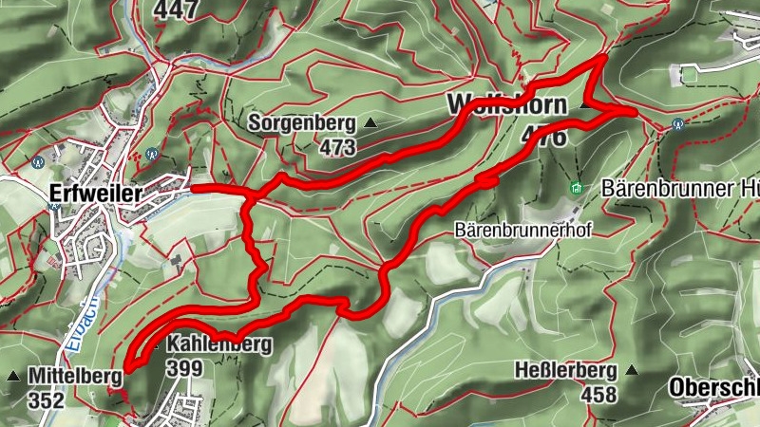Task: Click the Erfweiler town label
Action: click(x=94, y=194)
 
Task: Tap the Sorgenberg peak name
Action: click(x=302, y=122)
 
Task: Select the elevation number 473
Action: click(x=337, y=147)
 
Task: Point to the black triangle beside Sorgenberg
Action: click(x=370, y=123)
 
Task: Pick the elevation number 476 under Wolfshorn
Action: click(x=543, y=137)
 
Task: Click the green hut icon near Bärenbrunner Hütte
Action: click(x=576, y=189)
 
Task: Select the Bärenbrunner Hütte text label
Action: click(x=679, y=188)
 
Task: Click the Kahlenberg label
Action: click(x=219, y=343)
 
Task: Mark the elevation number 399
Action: click(x=182, y=367)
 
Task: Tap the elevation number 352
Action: click(x=46, y=400)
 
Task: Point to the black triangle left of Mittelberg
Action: click(x=12, y=377)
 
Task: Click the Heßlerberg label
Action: click(x=565, y=369)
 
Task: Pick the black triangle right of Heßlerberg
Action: click(x=632, y=369)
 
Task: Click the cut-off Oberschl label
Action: click(x=713, y=387)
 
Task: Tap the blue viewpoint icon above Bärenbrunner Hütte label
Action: click(x=677, y=123)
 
